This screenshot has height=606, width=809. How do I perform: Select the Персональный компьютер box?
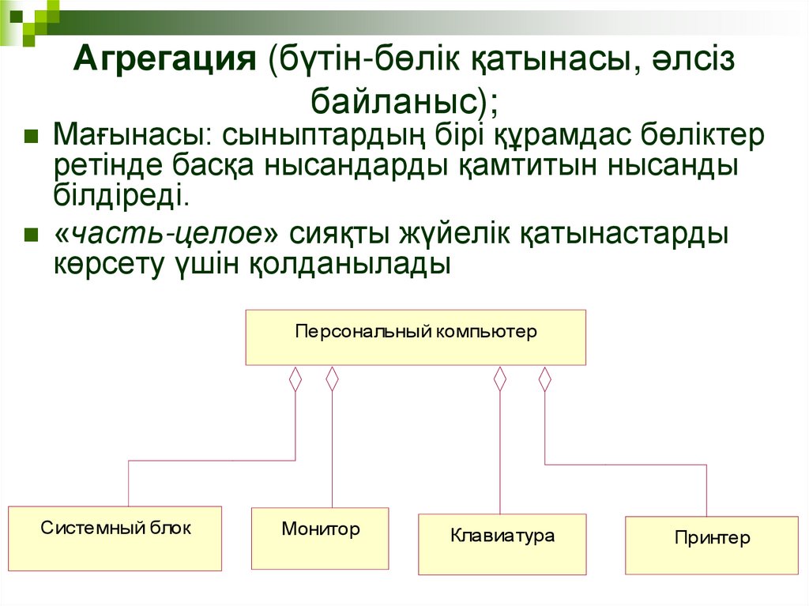tap(416, 337)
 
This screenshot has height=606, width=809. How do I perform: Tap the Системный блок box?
tap(115, 538)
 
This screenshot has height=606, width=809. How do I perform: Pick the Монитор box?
tap(320, 538)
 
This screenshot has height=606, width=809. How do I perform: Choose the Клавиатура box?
tap(502, 544)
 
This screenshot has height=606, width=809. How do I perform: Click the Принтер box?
tap(712, 545)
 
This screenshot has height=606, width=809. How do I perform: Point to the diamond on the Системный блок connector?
tap(295, 379)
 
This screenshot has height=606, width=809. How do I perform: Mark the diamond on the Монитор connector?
tap(332, 379)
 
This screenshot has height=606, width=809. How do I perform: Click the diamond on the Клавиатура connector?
tap(499, 379)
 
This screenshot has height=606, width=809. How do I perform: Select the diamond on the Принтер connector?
tap(544, 379)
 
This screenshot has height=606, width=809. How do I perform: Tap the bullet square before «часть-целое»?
tap(32, 235)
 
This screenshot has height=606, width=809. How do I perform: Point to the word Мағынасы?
tap(126, 136)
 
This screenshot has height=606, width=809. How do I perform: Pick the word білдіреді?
tap(121, 194)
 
